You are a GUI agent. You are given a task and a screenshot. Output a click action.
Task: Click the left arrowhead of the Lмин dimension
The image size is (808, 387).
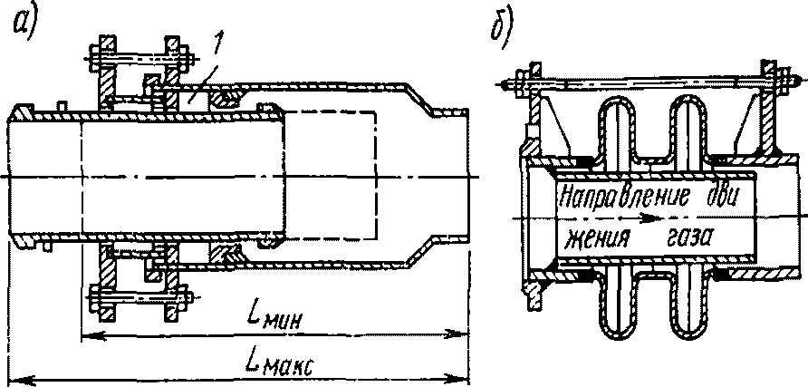coord(86,337)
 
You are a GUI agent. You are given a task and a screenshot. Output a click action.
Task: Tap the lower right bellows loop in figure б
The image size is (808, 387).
coord(689,304)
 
